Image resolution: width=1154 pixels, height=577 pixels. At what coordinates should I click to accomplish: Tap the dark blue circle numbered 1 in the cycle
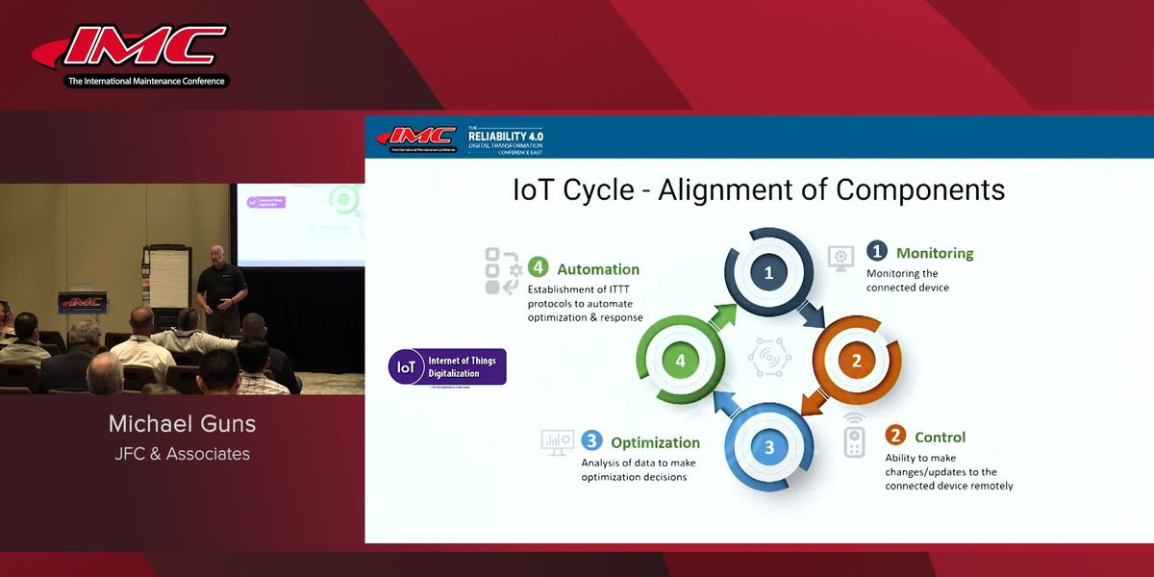click(x=768, y=273)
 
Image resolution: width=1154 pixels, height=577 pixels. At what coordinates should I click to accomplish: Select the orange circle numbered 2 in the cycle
click(x=856, y=362)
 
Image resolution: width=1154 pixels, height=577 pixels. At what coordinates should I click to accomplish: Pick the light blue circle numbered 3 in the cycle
click(x=768, y=447)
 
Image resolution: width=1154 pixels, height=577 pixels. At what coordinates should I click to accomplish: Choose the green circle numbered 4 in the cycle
click(x=681, y=362)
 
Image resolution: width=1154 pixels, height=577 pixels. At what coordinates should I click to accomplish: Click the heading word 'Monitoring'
click(x=935, y=253)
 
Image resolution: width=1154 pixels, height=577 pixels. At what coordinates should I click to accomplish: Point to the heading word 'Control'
click(x=940, y=437)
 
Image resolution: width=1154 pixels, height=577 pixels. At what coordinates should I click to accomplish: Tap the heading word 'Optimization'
click(x=655, y=442)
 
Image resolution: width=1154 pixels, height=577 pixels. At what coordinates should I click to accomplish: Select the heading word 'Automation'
click(x=598, y=269)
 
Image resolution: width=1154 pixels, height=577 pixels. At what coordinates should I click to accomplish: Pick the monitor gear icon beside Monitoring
click(x=840, y=257)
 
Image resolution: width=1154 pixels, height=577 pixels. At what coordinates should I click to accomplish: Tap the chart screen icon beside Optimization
click(x=557, y=441)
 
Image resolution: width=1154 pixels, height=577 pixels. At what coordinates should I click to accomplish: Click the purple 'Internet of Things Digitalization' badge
click(x=447, y=366)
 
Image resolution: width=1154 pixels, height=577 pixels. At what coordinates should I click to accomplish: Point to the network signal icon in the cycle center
click(x=768, y=359)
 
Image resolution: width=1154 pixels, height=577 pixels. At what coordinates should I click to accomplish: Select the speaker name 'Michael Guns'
click(x=182, y=424)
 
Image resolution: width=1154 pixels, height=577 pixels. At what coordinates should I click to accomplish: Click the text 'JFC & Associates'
click(x=182, y=453)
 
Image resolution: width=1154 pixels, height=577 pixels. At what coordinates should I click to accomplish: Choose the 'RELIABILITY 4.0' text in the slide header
click(x=505, y=137)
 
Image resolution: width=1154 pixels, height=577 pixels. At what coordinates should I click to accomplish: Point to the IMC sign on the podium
click(x=82, y=302)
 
